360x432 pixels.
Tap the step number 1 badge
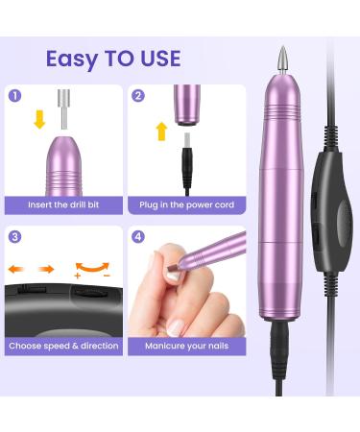click(15, 96)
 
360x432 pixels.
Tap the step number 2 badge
click(139, 96)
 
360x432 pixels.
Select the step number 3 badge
click(15, 237)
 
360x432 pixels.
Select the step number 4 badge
click(139, 237)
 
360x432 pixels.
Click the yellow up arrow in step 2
click(161, 132)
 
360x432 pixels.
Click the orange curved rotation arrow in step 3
click(91, 263)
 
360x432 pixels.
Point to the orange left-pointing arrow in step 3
click(17, 270)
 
